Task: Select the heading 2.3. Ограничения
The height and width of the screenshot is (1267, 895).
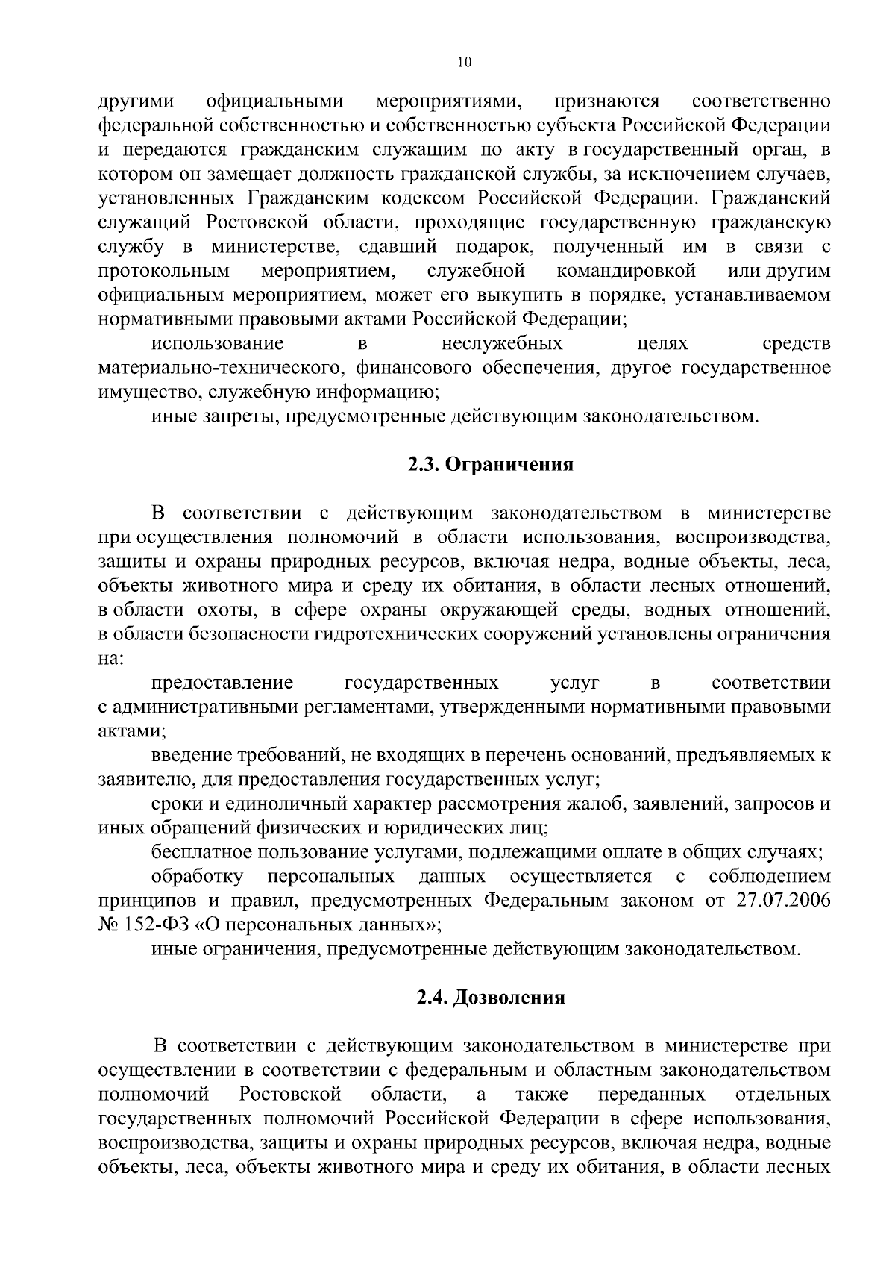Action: pyautogui.click(x=490, y=465)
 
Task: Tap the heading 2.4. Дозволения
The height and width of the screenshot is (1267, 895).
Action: pyautogui.click(x=490, y=998)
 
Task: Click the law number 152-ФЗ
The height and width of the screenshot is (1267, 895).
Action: pyautogui.click(x=153, y=925)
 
